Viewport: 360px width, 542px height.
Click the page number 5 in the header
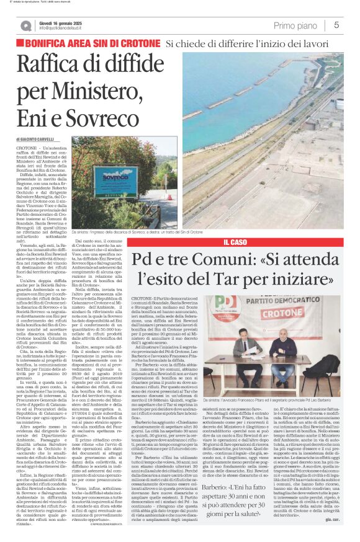(x=336, y=25)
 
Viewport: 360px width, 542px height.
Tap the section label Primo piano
(x=297, y=25)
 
